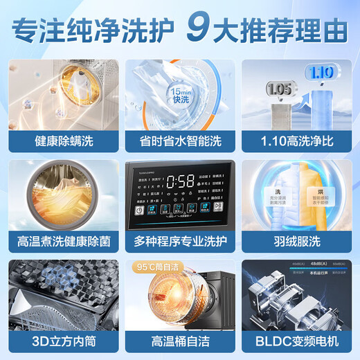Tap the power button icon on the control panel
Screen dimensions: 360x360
[138, 210]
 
